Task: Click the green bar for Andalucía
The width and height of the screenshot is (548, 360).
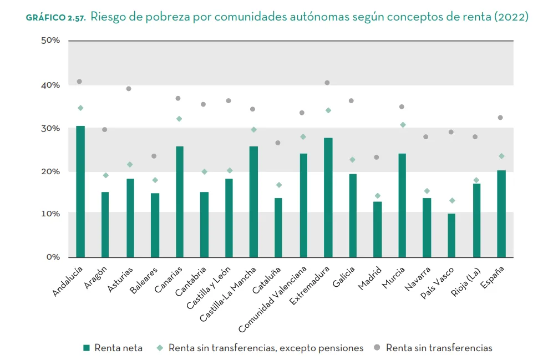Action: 80,191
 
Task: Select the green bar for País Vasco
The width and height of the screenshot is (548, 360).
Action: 451,235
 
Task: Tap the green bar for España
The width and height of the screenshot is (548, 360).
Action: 501,214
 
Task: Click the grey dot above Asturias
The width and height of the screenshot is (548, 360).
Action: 129,89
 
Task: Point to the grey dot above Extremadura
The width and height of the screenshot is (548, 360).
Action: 327,83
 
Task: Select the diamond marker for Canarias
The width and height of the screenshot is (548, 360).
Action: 179,119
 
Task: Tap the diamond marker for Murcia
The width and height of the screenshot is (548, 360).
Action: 403,125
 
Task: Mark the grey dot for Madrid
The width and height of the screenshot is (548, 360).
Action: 377,157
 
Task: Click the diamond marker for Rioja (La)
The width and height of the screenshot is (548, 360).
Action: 476,180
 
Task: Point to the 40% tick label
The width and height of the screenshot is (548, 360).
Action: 49,85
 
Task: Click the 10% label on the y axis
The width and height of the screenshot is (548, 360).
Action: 49,214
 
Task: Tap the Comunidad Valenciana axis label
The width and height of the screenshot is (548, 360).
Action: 272,297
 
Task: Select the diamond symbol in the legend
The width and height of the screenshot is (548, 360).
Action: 160,348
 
